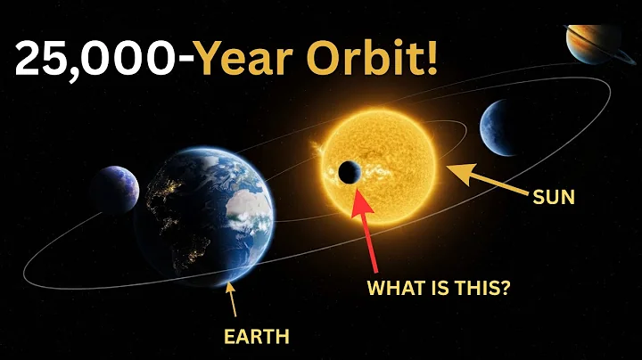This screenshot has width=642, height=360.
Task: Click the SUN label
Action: pyautogui.click(x=552, y=198)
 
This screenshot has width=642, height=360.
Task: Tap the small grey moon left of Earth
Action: pyautogui.click(x=114, y=190)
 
